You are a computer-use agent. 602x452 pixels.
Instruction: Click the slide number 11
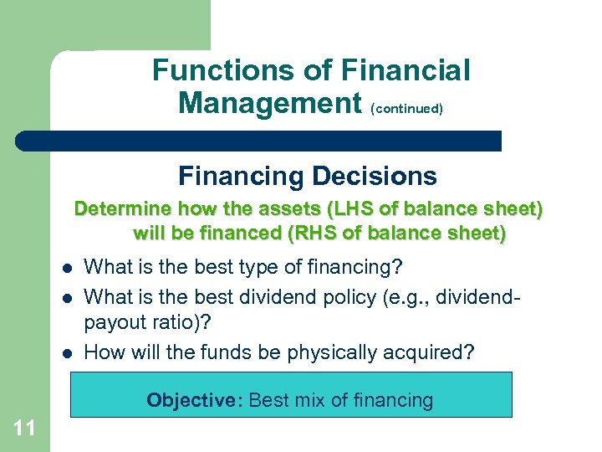coord(24,429)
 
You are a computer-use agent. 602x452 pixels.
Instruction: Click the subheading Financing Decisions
coord(307,176)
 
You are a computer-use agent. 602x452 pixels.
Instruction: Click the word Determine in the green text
coord(123,209)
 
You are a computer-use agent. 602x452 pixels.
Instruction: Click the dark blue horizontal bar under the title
coord(259,141)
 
